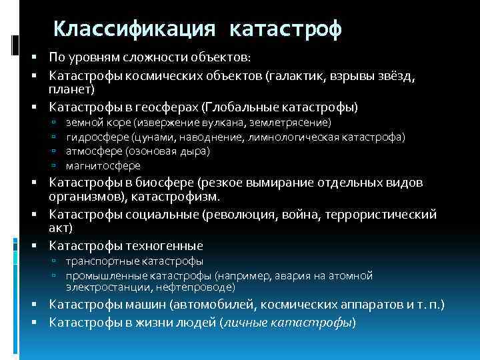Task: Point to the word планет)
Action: click(x=72, y=89)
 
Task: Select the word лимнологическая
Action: click(x=293, y=137)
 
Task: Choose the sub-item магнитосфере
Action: click(x=103, y=166)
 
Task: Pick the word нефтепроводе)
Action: click(x=201, y=287)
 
